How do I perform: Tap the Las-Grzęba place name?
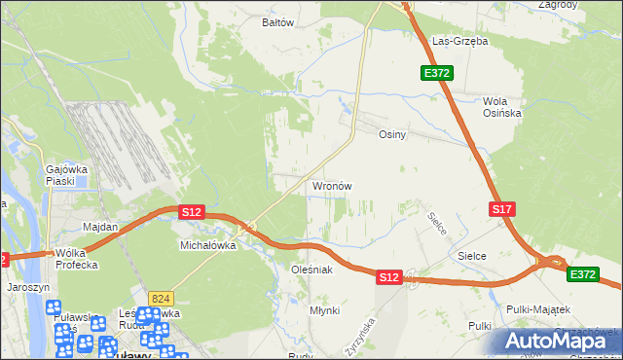click(459, 42)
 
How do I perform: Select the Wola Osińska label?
click(502, 107)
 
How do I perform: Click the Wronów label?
click(331, 185)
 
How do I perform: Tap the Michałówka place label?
click(208, 246)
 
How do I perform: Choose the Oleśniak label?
click(312, 269)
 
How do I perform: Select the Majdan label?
click(100, 227)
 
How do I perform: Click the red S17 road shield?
click(501, 209)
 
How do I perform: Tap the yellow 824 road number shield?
click(162, 297)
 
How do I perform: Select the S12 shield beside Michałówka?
click(191, 211)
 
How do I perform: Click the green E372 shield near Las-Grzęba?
click(435, 73)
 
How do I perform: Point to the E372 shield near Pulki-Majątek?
click(583, 274)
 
